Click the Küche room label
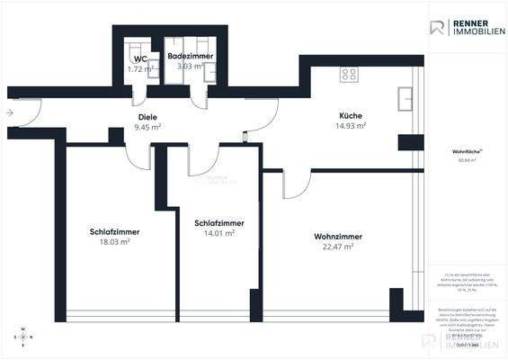tap(351, 114)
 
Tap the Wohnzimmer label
tap(333, 237)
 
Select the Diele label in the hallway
tap(148, 117)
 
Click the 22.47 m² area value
tap(334, 247)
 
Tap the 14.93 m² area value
tap(351, 126)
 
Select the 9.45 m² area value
tap(148, 127)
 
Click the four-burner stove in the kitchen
tap(348, 76)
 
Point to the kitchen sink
tap(406, 96)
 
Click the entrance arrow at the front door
tap(10, 113)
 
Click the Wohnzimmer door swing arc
tap(293, 184)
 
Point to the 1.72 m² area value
tap(139, 68)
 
